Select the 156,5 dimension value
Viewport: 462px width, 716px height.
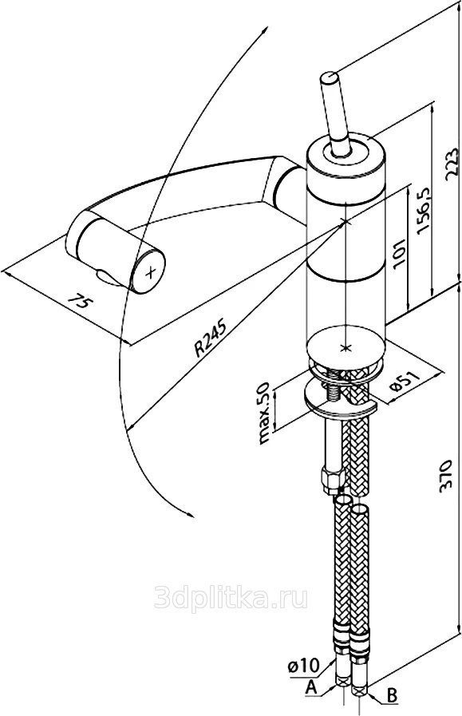(424, 210)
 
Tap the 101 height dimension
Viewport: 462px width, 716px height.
(399, 252)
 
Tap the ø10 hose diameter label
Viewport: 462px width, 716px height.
(303, 666)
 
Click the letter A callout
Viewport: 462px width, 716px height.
(312, 687)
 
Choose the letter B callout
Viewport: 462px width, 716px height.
(392, 695)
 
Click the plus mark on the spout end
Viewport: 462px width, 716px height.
(150, 273)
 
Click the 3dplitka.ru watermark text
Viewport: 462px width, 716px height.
(231, 597)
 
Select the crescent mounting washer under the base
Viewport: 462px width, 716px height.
(340, 402)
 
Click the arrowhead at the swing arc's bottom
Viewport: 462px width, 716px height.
(189, 512)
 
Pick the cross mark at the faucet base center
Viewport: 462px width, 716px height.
(346, 348)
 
